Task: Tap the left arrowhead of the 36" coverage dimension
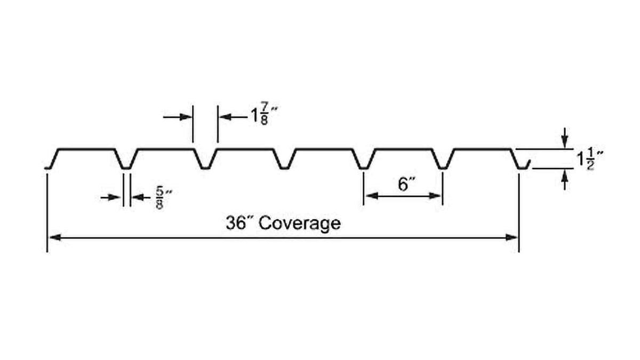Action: pos(54,237)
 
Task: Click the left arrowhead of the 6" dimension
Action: pos(369,196)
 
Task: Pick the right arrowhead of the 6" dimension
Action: pos(437,196)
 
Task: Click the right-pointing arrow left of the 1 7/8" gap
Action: pos(185,117)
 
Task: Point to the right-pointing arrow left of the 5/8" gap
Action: pos(116,197)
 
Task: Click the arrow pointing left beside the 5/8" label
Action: pos(138,197)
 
